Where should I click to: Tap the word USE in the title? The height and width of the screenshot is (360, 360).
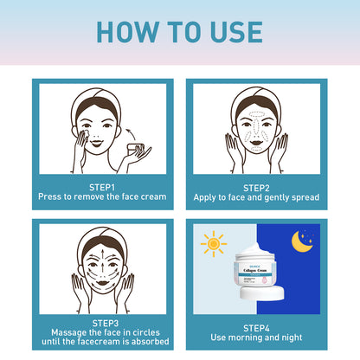coord(234,31)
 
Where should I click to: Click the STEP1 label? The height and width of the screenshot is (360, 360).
coord(102,186)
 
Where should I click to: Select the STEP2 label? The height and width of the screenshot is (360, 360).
coord(257,186)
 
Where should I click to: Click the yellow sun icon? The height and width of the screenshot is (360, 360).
coord(213,243)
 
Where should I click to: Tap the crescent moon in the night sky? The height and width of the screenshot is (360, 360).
coord(302,240)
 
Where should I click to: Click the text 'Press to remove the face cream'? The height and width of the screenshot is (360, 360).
coord(102,197)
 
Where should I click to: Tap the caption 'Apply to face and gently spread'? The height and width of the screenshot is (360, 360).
coord(257,197)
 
